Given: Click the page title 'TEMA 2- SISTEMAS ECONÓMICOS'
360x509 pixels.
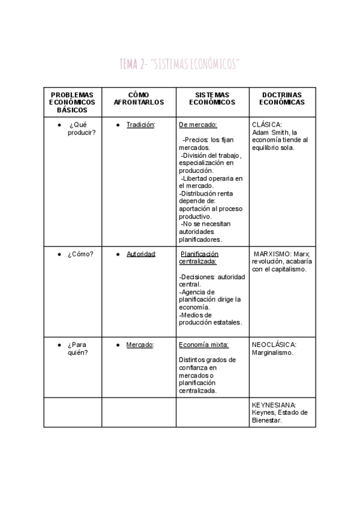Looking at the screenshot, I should pyautogui.click(x=179, y=64).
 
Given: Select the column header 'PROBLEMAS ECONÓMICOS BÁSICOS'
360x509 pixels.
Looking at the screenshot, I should pyautogui.click(x=72, y=103).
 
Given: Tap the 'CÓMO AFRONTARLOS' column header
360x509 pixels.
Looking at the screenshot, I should pyautogui.click(x=139, y=98).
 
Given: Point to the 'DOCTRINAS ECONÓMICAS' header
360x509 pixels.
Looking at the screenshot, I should pyautogui.click(x=281, y=98).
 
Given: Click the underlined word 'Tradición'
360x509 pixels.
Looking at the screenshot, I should pyautogui.click(x=141, y=125).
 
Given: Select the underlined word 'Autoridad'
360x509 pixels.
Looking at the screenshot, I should pyautogui.click(x=141, y=254).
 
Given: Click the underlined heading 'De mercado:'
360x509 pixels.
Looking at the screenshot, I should pyautogui.click(x=198, y=125).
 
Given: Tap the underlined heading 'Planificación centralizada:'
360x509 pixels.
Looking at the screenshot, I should pyautogui.click(x=199, y=258).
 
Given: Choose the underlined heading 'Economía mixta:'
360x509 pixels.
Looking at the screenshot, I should pyautogui.click(x=203, y=345).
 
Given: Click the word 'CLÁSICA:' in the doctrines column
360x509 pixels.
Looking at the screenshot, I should pyautogui.click(x=267, y=125).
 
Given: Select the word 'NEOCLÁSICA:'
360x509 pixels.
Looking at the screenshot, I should pyautogui.click(x=274, y=345).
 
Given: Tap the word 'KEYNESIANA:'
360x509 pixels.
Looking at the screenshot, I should pyautogui.click(x=274, y=405).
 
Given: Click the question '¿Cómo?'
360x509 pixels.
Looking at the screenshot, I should pyautogui.click(x=80, y=254).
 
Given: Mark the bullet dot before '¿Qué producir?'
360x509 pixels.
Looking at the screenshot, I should pyautogui.click(x=59, y=125).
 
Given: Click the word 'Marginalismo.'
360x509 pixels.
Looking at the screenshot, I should pyautogui.click(x=273, y=353).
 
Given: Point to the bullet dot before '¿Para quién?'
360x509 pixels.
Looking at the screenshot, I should pyautogui.click(x=59, y=345).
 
